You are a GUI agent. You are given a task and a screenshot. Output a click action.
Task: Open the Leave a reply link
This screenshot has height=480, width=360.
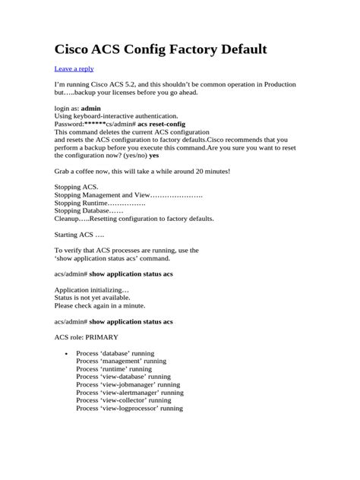[74, 68]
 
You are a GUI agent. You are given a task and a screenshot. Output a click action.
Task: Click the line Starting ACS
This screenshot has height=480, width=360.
[79, 235]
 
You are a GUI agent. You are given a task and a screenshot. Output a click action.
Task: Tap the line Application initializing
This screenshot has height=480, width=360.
[92, 290]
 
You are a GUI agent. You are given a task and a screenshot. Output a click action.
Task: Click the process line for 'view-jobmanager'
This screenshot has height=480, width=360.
[128, 385]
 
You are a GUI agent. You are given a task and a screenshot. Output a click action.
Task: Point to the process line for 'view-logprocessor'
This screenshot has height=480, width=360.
[129, 409]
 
